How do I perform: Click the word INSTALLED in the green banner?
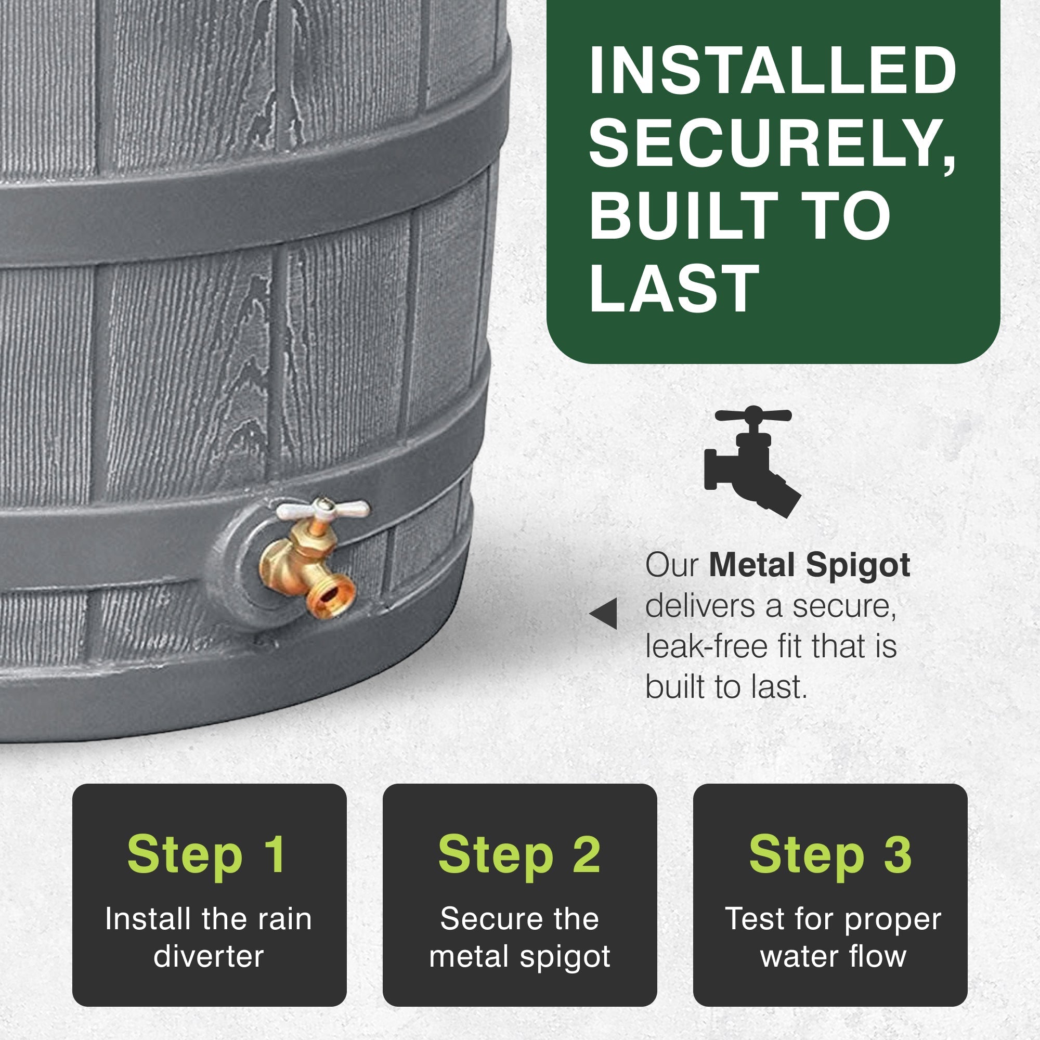click(773, 72)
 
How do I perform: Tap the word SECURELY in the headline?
click(773, 144)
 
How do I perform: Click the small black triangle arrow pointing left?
click(603, 613)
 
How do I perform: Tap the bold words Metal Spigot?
click(809, 566)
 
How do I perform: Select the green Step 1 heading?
click(207, 855)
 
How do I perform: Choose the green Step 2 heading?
click(519, 855)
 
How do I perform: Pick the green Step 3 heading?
click(830, 855)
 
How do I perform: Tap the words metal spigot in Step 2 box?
click(519, 957)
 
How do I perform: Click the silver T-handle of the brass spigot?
click(322, 509)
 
